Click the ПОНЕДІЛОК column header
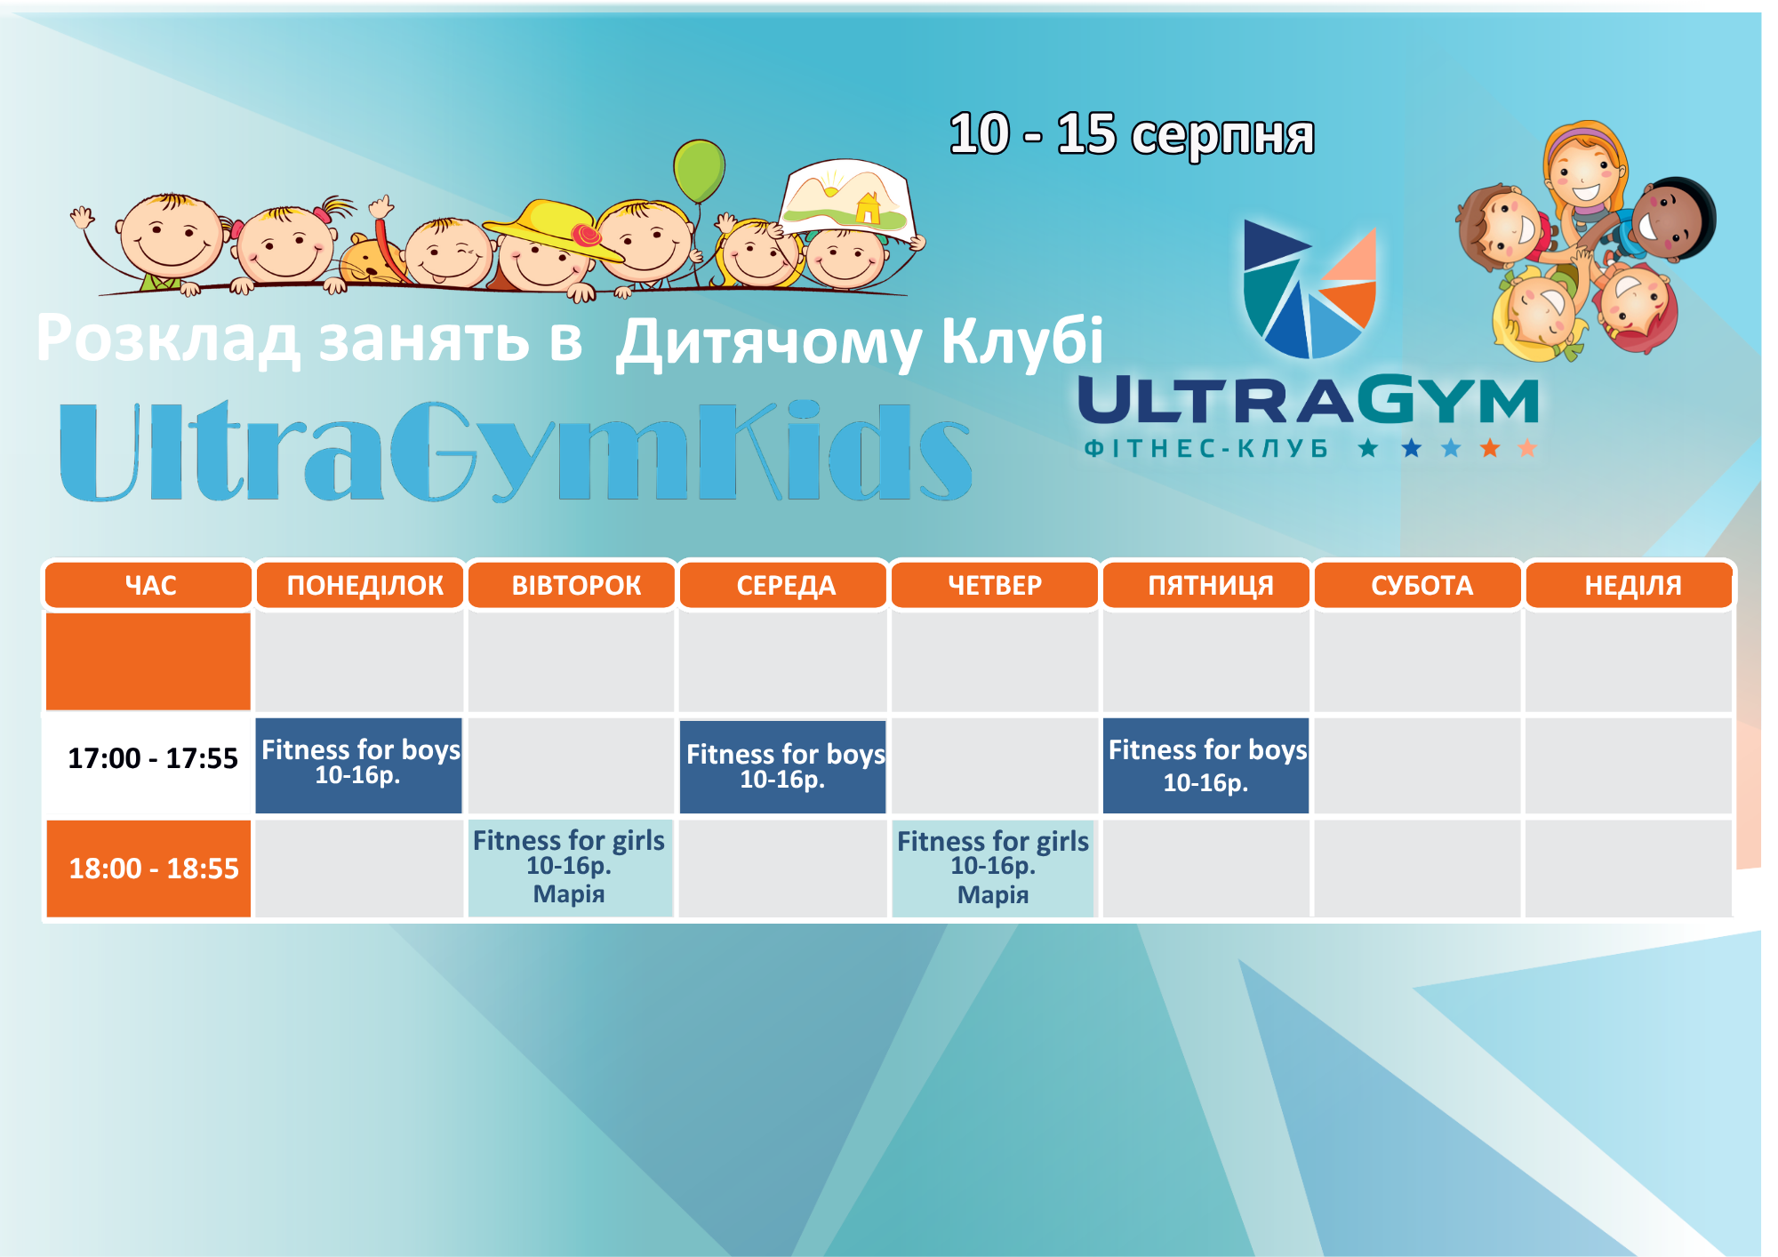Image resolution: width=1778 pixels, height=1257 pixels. pyautogui.click(x=360, y=585)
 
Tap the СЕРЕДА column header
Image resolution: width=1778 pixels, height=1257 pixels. pyautogui.click(x=784, y=585)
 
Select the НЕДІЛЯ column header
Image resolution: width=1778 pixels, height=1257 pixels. pyautogui.click(x=1630, y=585)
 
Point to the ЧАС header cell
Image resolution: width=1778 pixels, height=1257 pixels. pyautogui.click(x=149, y=585)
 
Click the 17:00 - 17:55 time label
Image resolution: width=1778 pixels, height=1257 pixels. pyautogui.click(x=153, y=758)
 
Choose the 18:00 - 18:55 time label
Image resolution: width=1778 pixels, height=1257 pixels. pyautogui.click(x=154, y=869)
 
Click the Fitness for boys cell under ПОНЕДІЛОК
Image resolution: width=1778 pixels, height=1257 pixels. pyautogui.click(x=359, y=765)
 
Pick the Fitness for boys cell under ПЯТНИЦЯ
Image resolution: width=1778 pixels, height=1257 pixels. pyautogui.click(x=1206, y=765)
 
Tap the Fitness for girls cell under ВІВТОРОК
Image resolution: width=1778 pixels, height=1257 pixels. pyautogui.click(x=570, y=868)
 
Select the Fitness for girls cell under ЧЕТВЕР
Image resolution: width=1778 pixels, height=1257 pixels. pyautogui.click(x=993, y=868)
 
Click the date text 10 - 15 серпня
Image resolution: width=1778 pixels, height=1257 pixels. pyautogui.click(x=1132, y=135)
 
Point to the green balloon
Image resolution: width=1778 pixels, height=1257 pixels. pyautogui.click(x=699, y=171)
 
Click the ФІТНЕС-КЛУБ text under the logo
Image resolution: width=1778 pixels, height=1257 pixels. pyautogui.click(x=1206, y=448)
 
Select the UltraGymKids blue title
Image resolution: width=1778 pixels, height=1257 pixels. pyautogui.click(x=516, y=451)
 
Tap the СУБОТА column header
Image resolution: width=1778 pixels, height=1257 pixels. pyautogui.click(x=1419, y=585)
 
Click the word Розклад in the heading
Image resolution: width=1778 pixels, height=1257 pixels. pyautogui.click(x=169, y=338)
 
